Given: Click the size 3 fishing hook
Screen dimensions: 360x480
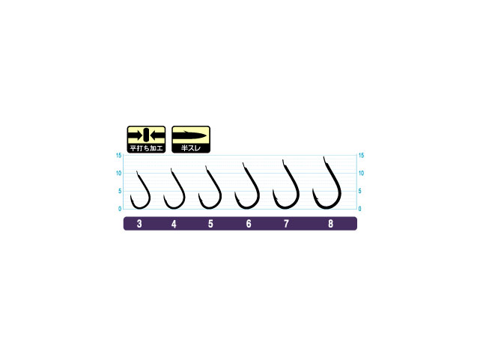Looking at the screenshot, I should (140, 192).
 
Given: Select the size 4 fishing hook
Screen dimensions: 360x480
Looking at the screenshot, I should (174, 191).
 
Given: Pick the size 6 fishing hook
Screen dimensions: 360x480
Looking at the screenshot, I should (247, 188).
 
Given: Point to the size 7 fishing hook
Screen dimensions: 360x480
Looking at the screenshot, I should (286, 186).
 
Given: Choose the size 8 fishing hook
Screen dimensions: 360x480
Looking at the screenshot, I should (327, 184).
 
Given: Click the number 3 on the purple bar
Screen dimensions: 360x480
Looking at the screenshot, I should (140, 224).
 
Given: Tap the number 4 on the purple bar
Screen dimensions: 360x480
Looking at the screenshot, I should (174, 224).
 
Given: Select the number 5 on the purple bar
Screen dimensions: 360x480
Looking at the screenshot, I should (210, 224).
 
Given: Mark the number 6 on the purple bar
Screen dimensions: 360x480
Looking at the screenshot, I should (248, 224).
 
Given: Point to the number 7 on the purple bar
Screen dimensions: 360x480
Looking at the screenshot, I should (286, 224).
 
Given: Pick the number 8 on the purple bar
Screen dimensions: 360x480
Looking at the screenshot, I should (330, 224).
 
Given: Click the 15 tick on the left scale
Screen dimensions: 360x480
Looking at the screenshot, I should (119, 156).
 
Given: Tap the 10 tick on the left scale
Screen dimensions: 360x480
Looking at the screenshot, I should (119, 174).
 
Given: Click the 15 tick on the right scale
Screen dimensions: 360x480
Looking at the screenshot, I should (362, 156).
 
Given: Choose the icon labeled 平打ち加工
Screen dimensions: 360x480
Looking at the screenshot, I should (146, 139).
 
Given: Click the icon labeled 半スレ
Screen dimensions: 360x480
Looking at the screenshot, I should (191, 139).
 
